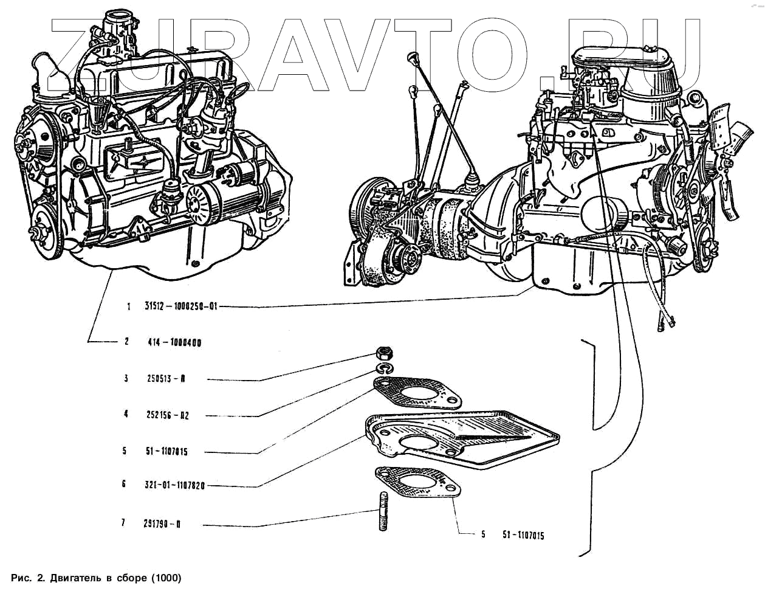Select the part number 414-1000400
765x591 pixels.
point(174,342)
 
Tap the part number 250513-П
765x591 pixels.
point(166,378)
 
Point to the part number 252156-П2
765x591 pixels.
point(168,415)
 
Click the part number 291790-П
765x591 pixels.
point(162,524)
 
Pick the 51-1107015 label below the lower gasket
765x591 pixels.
point(523,535)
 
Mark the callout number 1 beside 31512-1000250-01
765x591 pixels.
point(129,307)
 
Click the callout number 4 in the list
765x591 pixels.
point(126,415)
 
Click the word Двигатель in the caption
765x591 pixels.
point(83,577)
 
